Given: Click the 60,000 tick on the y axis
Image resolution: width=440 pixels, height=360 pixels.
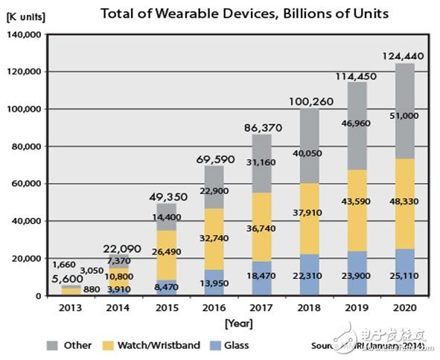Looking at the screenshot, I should pos(28,184).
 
